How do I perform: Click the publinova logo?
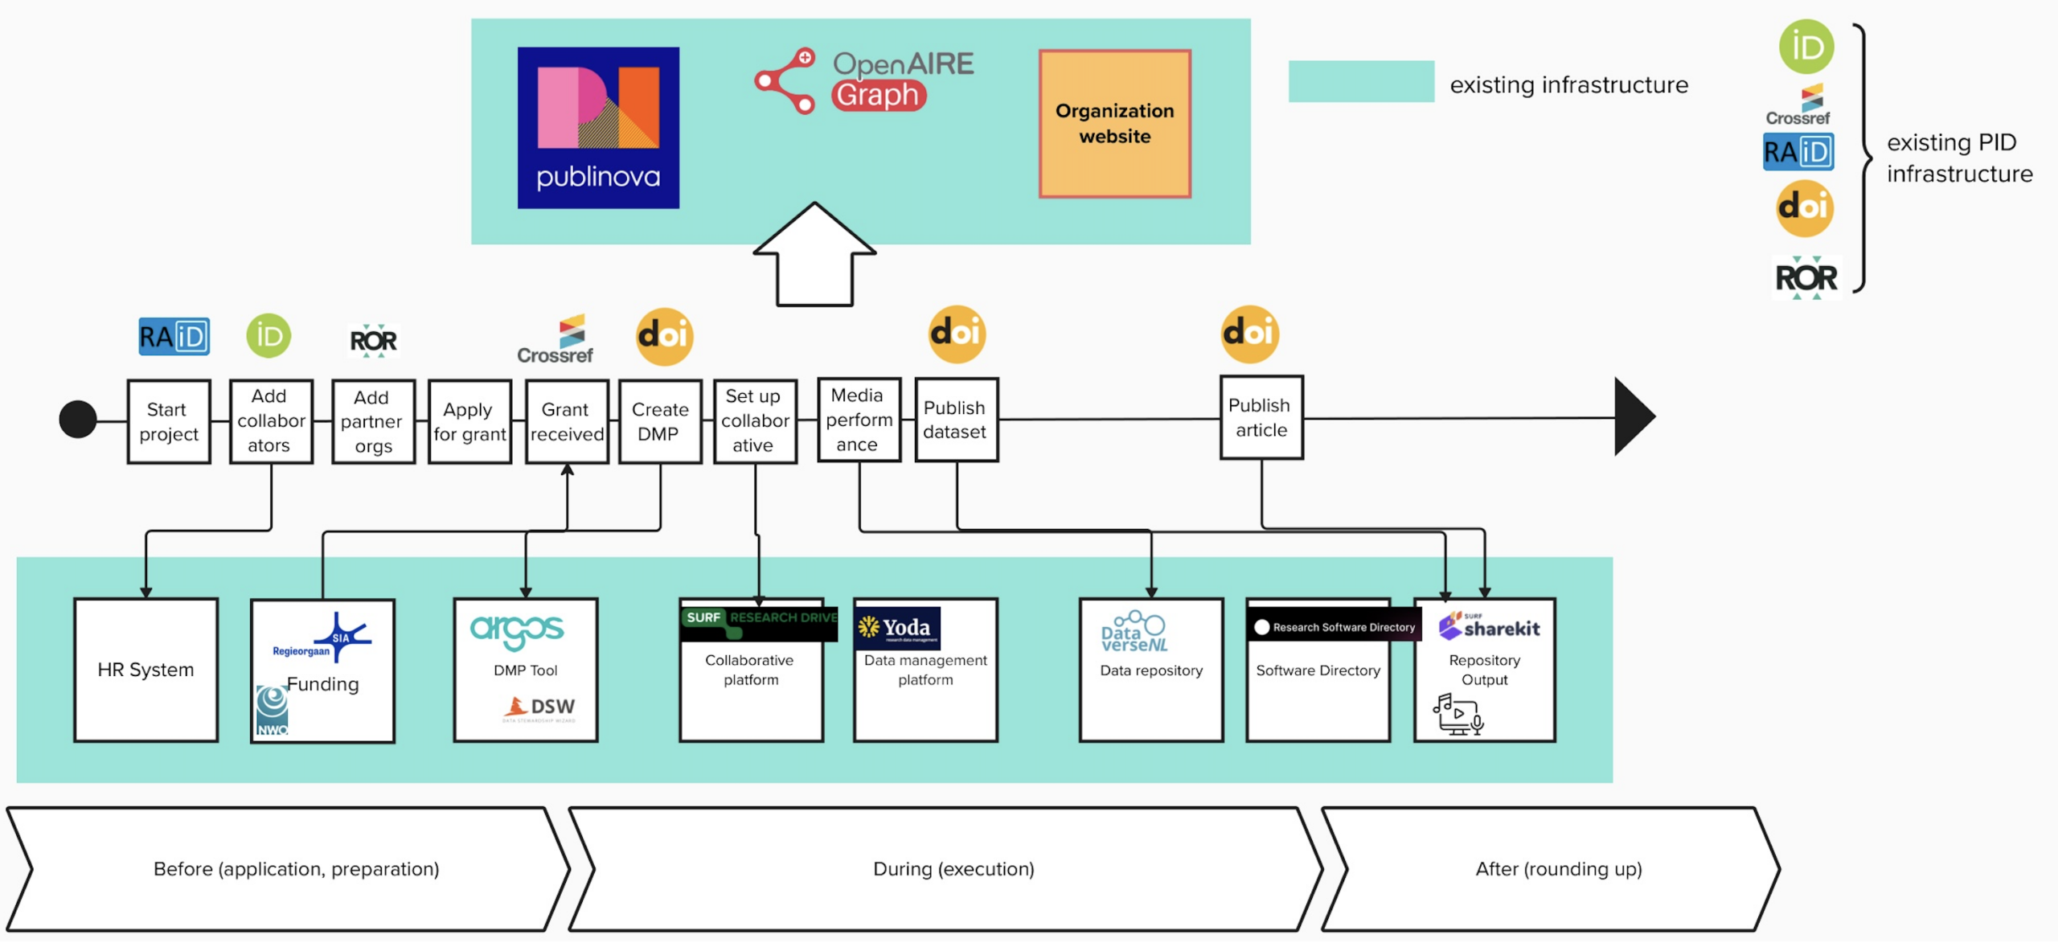[x=598, y=128]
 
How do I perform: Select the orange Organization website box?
[x=1114, y=124]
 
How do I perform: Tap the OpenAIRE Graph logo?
[x=864, y=80]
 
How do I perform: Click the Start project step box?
[x=169, y=422]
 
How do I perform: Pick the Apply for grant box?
[x=469, y=422]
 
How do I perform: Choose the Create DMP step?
[x=660, y=422]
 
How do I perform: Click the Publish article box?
[x=1261, y=418]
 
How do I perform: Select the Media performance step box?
[x=859, y=420]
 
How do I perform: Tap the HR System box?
[x=146, y=670]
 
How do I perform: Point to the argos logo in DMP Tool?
[x=517, y=631]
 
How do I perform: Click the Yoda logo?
[x=898, y=628]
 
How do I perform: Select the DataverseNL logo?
[x=1134, y=633]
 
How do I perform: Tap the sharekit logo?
[x=1490, y=626]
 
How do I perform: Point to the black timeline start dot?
[x=78, y=420]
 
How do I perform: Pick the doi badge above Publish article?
[x=1249, y=334]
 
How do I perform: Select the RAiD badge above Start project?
[x=174, y=336]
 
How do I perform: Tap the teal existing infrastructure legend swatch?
[x=1360, y=81]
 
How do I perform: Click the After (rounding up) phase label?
[x=1558, y=869]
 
